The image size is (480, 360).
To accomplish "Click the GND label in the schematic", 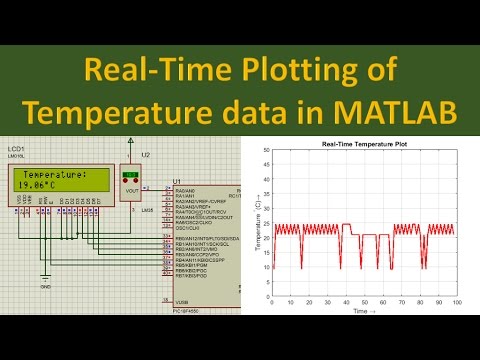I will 46,285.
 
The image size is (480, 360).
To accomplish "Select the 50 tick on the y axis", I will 265,151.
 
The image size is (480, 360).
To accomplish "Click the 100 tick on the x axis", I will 456,302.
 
